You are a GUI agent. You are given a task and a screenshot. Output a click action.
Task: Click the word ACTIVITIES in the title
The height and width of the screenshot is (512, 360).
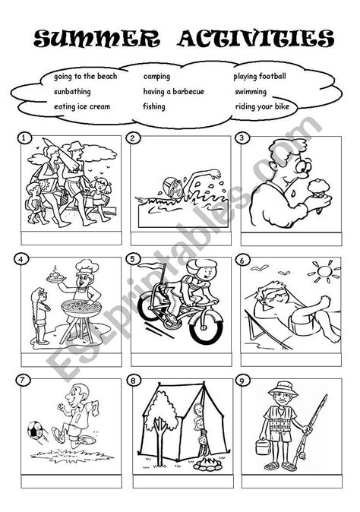(x=255, y=38)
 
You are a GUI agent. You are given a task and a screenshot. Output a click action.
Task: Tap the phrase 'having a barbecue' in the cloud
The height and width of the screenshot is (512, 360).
(x=173, y=92)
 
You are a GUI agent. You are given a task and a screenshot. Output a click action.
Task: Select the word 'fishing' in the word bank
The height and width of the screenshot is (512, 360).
(x=154, y=106)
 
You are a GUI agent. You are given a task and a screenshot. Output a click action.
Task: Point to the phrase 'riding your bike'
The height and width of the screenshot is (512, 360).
(x=262, y=106)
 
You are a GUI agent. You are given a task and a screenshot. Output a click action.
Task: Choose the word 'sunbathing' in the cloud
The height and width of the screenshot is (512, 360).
(x=72, y=92)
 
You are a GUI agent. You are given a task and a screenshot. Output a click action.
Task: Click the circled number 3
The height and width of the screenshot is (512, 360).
(x=242, y=137)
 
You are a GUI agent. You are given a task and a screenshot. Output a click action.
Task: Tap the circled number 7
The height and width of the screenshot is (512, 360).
(x=23, y=380)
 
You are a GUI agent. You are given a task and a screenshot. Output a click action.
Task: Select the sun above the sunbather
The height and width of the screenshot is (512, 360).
(x=324, y=271)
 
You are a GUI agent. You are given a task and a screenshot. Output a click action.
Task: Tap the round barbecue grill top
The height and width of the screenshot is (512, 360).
(x=81, y=308)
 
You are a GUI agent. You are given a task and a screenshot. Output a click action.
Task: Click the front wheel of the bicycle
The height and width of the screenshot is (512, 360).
(x=206, y=327)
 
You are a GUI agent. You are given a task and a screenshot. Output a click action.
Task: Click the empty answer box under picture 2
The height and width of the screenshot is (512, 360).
(x=181, y=239)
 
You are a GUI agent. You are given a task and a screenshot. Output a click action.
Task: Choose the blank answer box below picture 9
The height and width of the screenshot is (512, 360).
(x=292, y=482)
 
